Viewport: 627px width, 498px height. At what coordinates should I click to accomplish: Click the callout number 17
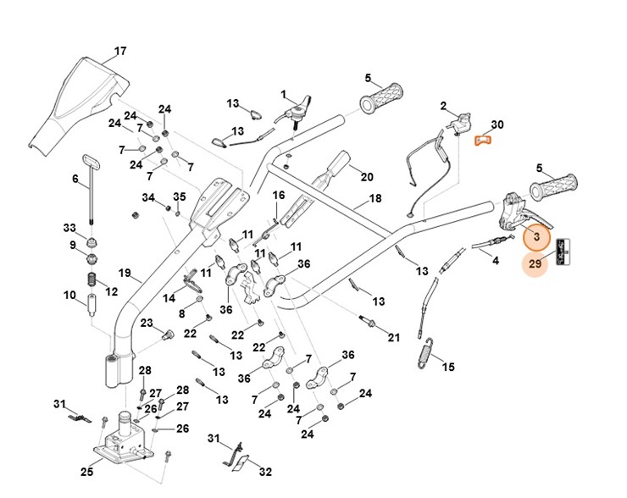tap(120, 52)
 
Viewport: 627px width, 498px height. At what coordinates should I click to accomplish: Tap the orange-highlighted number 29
tap(535, 264)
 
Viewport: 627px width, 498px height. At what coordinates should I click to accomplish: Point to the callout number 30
tap(497, 125)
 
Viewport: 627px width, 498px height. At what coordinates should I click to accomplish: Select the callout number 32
tap(264, 471)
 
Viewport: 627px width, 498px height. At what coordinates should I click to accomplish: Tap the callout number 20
tap(367, 177)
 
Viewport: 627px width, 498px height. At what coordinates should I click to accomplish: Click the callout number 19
tap(125, 274)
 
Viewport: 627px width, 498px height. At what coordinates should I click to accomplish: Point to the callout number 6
tap(75, 179)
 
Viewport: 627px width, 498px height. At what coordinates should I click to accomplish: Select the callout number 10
tap(69, 295)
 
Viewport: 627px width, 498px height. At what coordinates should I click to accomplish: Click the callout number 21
tap(393, 338)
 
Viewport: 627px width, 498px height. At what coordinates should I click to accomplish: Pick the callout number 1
tap(284, 94)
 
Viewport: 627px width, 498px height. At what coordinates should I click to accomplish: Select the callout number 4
tap(496, 260)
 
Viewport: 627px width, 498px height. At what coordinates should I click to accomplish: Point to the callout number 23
tap(146, 323)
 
